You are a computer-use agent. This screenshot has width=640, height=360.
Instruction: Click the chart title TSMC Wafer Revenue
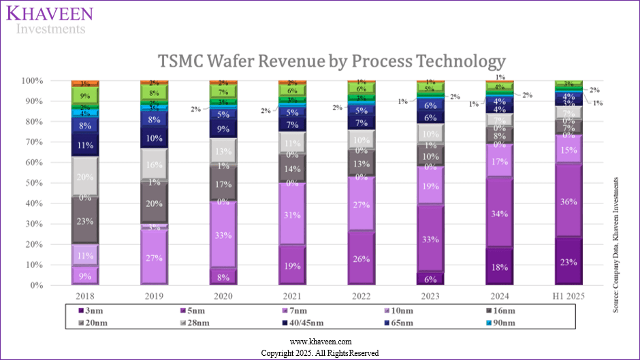pos(332,61)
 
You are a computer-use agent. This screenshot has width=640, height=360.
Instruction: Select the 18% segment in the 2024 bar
pos(500,267)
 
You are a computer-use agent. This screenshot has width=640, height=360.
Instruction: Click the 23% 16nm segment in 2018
pos(86,220)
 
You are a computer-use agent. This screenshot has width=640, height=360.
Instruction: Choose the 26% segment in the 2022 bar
pos(361,259)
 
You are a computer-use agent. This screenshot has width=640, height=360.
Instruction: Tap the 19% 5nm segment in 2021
pos(291,266)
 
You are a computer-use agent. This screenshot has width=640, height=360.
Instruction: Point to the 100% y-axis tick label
pos(52,80)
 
